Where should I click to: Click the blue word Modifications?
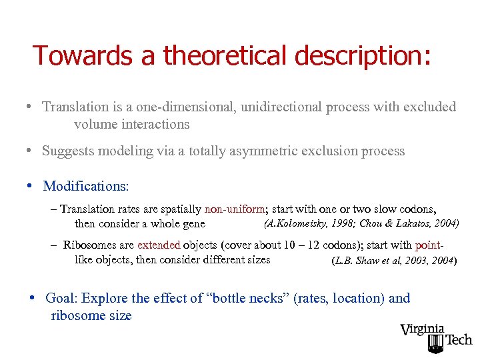pos(85,186)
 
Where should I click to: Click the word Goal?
pos(61,299)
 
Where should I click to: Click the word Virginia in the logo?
pos(422,329)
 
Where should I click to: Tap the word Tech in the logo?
pos(458,340)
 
